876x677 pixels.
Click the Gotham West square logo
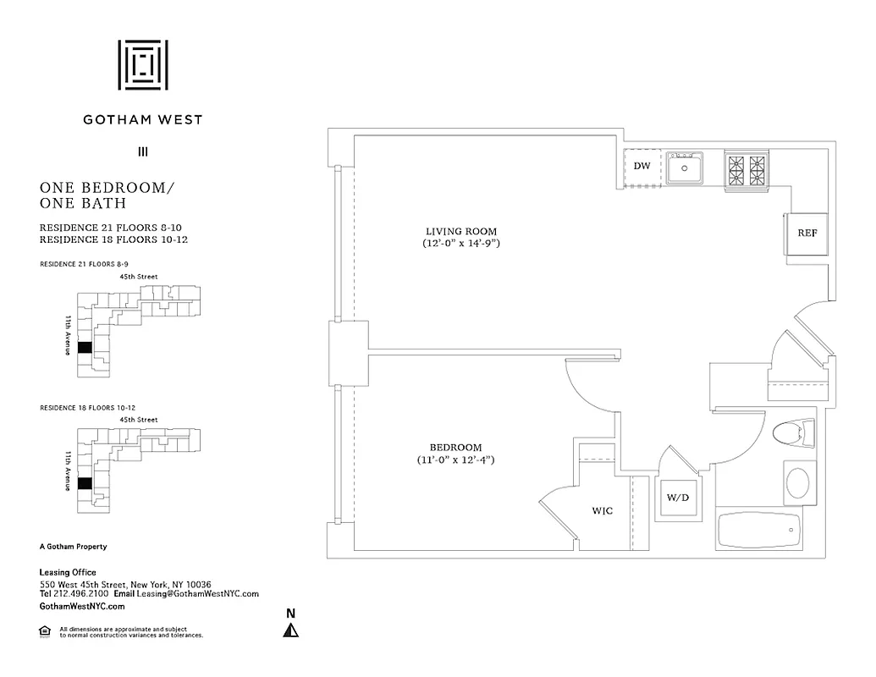tap(142, 64)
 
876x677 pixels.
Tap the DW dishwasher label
tap(642, 166)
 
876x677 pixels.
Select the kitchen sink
tap(684, 168)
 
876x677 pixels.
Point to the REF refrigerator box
tap(807, 233)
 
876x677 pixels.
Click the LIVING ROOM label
tap(460, 231)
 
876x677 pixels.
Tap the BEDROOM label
tap(455, 448)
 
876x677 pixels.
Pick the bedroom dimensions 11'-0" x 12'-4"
tap(455, 460)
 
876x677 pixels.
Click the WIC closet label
tap(602, 511)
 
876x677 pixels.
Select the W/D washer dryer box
tap(679, 498)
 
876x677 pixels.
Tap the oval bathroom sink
tap(798, 483)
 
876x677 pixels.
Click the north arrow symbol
tap(290, 630)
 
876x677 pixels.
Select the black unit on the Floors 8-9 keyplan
tap(84, 347)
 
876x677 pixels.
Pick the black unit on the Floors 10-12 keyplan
tap(84, 483)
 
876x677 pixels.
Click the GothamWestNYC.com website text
tap(82, 607)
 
